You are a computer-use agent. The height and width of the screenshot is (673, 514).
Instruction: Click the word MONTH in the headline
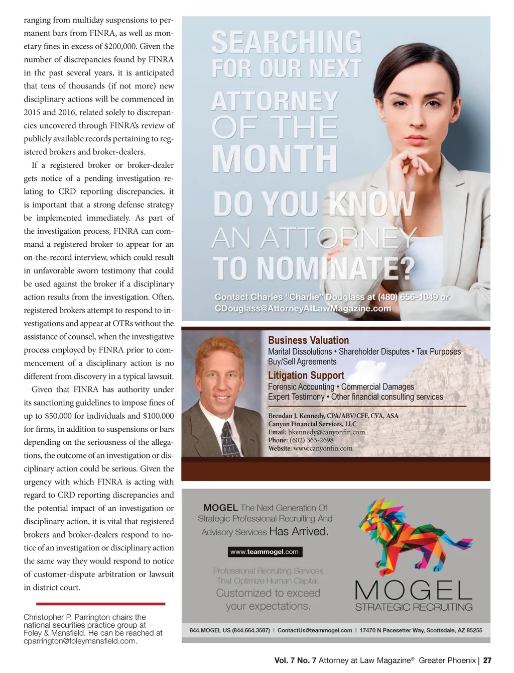tap(275, 159)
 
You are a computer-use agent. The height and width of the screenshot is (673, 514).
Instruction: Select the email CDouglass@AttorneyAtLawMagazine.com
tap(303, 309)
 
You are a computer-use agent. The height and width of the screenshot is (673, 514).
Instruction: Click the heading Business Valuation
tap(308, 340)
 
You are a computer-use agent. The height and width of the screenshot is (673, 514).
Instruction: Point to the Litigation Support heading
tap(306, 375)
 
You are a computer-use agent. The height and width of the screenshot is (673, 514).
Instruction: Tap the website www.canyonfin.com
tap(323, 448)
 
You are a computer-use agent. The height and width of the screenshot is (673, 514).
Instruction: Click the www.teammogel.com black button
tap(265, 552)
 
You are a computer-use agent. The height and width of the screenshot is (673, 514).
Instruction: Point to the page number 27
tap(487, 660)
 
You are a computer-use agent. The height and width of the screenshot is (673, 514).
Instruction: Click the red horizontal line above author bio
tap(100, 604)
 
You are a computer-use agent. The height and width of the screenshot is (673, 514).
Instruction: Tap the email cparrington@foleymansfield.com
tap(80, 641)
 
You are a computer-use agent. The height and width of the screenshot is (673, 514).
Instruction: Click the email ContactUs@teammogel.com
tap(315, 630)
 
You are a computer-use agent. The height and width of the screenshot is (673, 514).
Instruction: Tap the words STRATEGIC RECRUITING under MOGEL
tap(414, 607)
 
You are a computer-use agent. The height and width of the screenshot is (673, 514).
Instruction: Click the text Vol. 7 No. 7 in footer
tap(295, 660)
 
